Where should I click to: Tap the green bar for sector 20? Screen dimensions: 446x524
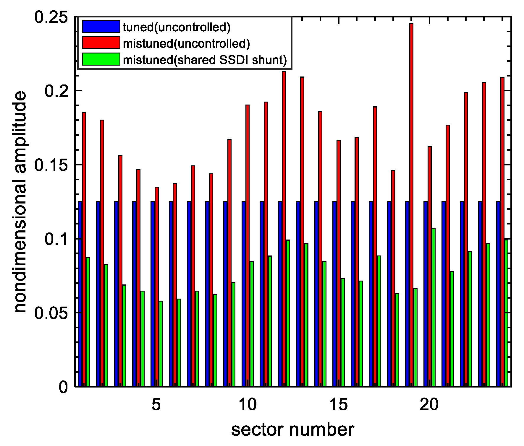433,307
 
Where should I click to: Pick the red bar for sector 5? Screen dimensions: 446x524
157,287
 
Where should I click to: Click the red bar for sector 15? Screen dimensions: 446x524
339,263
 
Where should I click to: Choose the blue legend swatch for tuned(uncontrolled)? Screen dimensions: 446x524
101,26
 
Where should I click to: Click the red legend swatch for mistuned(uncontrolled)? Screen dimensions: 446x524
101,43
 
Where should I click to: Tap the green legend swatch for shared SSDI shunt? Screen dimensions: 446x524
101,59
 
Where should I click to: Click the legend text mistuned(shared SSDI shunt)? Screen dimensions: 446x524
205,60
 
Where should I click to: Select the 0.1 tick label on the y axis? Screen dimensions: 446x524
56,239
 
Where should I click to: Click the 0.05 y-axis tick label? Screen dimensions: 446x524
51,313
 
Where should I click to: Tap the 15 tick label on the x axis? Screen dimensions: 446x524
339,405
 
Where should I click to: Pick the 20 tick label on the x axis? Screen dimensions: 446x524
429,405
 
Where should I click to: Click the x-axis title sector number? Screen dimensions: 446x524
292,430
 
